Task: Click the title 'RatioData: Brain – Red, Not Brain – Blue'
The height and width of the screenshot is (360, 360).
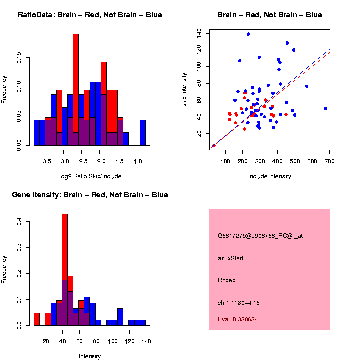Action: (90, 15)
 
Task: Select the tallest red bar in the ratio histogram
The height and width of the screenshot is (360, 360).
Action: (76, 90)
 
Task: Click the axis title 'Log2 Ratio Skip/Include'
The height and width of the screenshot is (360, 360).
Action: (90, 176)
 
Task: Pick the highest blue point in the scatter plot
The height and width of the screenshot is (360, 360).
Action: (248, 34)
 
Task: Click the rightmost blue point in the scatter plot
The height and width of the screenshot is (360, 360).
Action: (325, 108)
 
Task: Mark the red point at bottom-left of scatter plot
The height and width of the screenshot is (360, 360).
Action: (214, 145)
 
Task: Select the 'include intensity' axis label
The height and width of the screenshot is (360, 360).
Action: (270, 176)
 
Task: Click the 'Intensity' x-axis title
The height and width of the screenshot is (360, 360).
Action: (90, 356)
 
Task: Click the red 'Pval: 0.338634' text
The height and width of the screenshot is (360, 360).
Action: (238, 319)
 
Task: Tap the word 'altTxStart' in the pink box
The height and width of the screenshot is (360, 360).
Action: (230, 258)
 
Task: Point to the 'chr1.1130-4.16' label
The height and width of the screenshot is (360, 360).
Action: (239, 303)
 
